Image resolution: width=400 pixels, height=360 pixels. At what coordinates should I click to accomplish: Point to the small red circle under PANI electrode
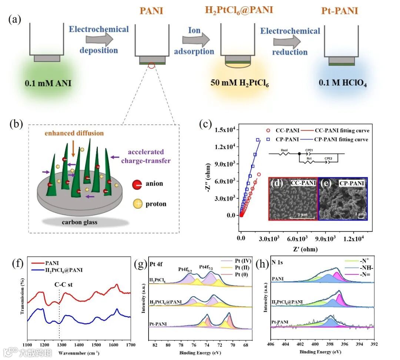(151, 66)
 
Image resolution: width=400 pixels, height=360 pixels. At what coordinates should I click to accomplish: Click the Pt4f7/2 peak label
(209, 266)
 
